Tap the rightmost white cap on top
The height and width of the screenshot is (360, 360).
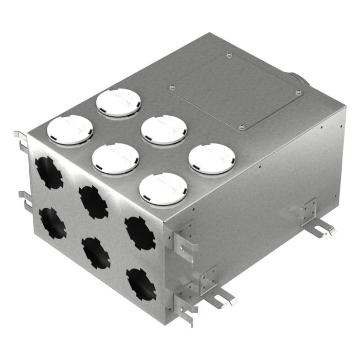(211, 158)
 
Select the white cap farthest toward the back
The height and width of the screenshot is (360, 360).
(118, 102)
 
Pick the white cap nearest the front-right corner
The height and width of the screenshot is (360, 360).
(163, 188)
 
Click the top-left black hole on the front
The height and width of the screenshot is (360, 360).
(48, 172)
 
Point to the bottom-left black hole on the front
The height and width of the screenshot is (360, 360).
(53, 223)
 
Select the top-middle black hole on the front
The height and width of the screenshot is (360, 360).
(93, 202)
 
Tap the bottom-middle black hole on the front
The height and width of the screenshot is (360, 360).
(96, 253)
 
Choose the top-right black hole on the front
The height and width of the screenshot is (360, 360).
(139, 233)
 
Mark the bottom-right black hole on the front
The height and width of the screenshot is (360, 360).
(141, 284)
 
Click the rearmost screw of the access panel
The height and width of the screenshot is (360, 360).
(229, 56)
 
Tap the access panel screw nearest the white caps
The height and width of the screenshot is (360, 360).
(173, 87)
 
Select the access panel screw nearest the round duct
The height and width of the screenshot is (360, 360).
(298, 93)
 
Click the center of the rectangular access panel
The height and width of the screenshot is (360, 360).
(235, 91)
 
